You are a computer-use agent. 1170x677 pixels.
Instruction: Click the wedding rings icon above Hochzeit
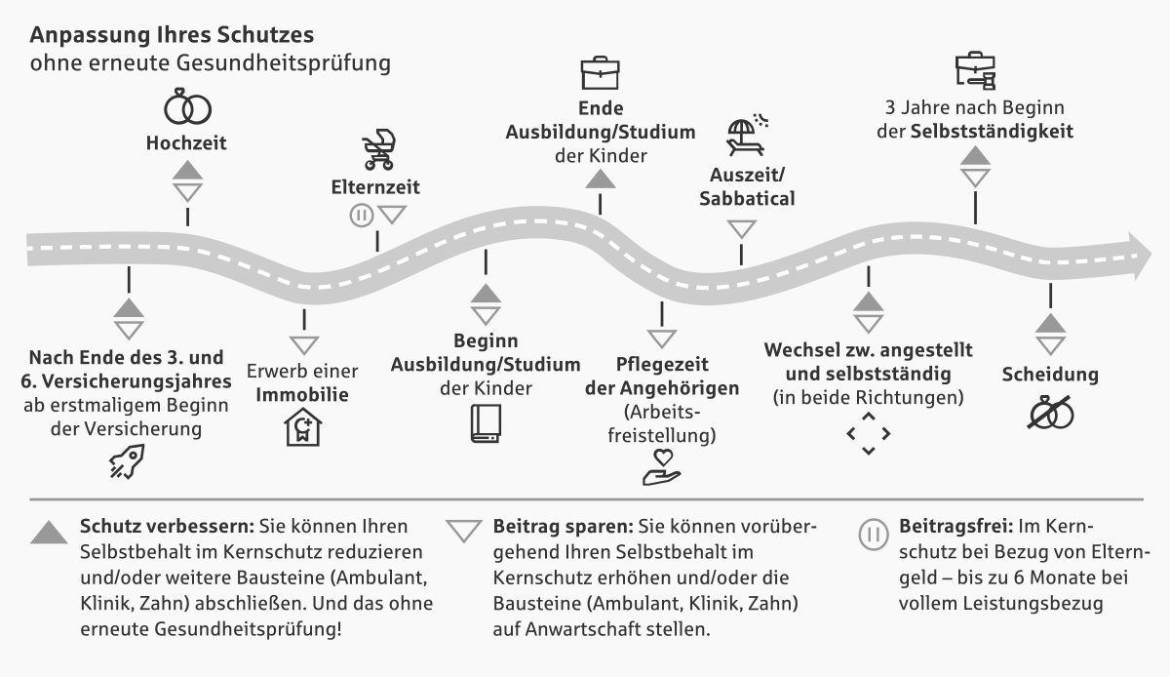click(x=186, y=107)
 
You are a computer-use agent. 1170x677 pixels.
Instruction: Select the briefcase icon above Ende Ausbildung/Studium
click(x=600, y=72)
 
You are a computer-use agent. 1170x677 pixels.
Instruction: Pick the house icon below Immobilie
click(x=302, y=427)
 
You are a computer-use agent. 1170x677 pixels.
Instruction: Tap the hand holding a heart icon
click(x=661, y=465)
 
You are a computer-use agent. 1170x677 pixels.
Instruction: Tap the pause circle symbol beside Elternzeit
click(x=362, y=216)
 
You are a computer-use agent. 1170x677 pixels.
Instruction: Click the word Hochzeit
click(x=186, y=143)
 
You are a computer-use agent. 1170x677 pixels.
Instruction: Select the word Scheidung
click(x=1050, y=375)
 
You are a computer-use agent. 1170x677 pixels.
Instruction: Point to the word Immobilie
click(x=302, y=395)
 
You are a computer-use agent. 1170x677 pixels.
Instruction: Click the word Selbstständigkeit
click(x=992, y=131)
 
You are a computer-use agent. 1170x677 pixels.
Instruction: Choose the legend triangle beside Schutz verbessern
click(x=49, y=532)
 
